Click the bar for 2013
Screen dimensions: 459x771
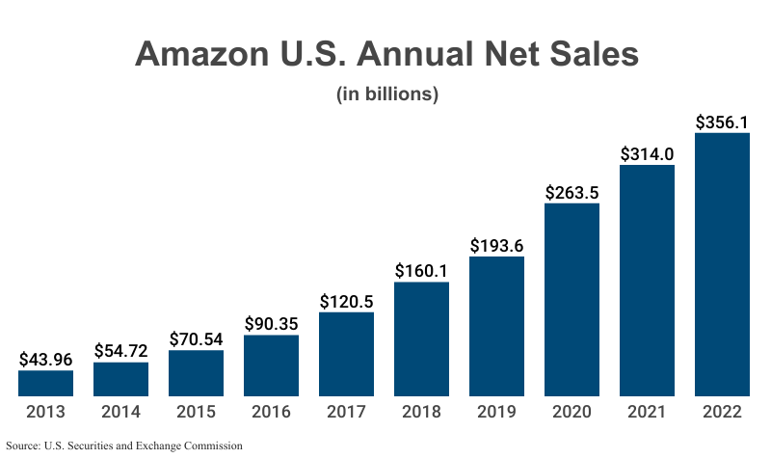pos(45,383)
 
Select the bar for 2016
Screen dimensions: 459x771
pos(271,365)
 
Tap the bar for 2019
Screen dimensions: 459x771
pos(496,326)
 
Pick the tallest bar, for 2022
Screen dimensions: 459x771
pos(722,264)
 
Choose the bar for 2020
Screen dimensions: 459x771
pos(572,299)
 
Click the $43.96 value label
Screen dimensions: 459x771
pos(45,360)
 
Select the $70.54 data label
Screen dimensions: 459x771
pos(196,339)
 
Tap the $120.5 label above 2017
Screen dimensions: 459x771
pos(346,301)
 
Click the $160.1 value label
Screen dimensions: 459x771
pos(421,271)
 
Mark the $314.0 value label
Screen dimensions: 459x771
pos(647,153)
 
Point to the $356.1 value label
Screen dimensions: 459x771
pos(722,122)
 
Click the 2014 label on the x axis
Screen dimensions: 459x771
pos(120,412)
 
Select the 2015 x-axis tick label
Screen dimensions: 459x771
pos(196,412)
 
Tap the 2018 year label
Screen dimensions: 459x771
pos(421,412)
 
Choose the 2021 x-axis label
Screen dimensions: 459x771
pos(647,412)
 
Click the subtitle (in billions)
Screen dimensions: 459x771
pos(386,94)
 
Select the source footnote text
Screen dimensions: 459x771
pos(124,446)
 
